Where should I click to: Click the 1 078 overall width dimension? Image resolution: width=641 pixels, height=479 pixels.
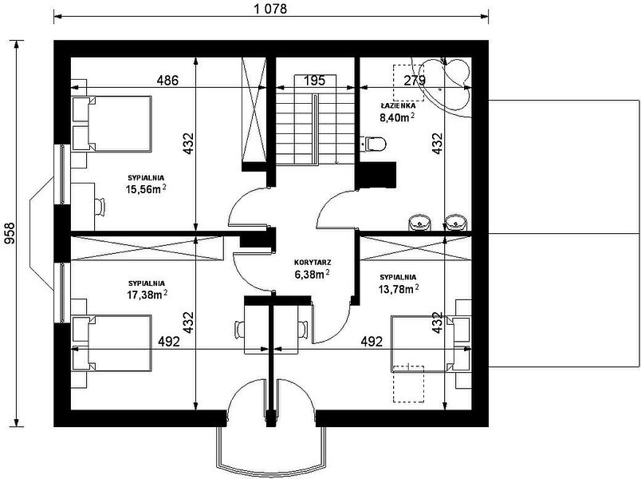coord(270,9)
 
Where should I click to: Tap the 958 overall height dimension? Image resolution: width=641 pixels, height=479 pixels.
coord(9,233)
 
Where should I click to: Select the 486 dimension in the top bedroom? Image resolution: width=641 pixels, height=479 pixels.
coord(168,80)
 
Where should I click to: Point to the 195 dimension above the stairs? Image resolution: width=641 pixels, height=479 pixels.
coord(315,81)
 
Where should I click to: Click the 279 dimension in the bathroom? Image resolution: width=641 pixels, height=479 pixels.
coord(415,81)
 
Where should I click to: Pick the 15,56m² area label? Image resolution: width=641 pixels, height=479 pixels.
coord(147,189)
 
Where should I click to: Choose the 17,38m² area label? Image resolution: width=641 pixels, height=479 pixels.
coord(147,294)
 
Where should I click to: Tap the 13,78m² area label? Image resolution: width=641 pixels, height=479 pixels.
coord(399,289)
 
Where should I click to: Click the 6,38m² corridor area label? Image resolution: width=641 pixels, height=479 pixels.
coord(313,274)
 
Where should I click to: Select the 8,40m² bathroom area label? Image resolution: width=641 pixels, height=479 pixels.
coord(398,118)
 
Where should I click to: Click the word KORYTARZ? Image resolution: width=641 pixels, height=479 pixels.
coord(313,262)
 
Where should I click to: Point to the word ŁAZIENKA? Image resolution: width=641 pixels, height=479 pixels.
coord(398,105)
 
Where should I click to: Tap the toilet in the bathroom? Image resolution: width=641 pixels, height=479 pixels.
coord(374,144)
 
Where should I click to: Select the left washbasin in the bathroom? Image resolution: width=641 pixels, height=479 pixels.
coord(419,223)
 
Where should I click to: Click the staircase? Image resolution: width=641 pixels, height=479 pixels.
coord(315,120)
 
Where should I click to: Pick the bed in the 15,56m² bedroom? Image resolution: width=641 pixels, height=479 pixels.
coord(112,124)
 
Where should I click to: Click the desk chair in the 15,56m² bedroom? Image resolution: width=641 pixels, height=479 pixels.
coord(100,207)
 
